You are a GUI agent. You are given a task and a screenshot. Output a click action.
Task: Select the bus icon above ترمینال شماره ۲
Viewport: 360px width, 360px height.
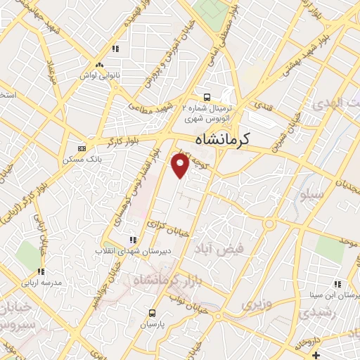(x=207, y=97)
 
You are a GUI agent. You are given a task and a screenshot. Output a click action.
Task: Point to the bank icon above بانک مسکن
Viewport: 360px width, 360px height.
(x=83, y=148)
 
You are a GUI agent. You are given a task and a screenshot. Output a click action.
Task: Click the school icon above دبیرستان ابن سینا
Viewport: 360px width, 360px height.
(x=337, y=284)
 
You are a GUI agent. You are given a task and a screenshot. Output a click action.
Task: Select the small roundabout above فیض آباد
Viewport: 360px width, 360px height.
(x=269, y=224)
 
